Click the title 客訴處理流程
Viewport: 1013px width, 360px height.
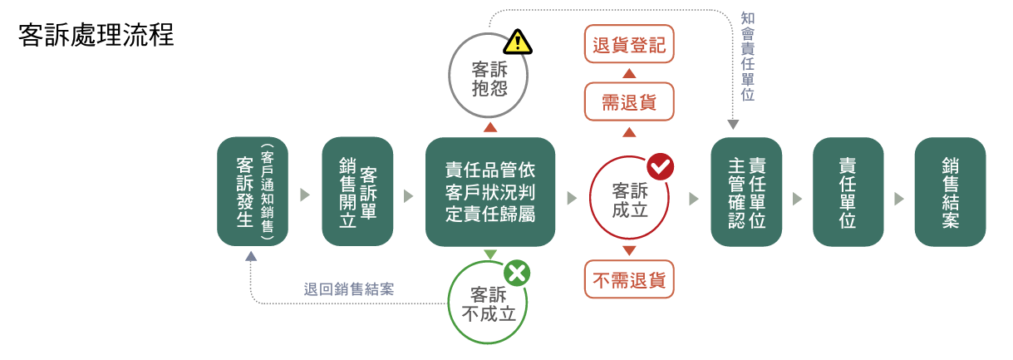click(96, 35)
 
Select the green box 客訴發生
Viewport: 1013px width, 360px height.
click(253, 192)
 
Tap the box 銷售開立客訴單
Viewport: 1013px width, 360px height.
click(357, 192)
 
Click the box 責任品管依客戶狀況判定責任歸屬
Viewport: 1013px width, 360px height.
click(490, 192)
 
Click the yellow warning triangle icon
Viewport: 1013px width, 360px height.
click(518, 42)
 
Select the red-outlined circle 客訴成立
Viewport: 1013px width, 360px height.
click(590, 198)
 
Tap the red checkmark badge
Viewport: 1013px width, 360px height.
click(661, 166)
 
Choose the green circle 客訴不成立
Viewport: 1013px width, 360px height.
click(448, 302)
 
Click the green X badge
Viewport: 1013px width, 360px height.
click(517, 274)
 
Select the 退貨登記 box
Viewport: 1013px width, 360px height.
click(629, 44)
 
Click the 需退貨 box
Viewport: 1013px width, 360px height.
click(629, 101)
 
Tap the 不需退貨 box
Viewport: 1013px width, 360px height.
click(629, 279)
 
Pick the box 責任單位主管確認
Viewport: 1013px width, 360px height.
click(746, 192)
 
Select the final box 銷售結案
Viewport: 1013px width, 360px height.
click(950, 192)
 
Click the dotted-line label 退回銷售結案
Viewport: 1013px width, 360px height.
click(349, 289)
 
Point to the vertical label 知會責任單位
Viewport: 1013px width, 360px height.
click(748, 57)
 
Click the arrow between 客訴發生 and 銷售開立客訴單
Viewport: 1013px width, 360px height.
click(305, 195)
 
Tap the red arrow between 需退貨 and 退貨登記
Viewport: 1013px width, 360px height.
click(629, 73)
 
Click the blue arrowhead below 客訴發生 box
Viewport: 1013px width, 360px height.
click(251, 256)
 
